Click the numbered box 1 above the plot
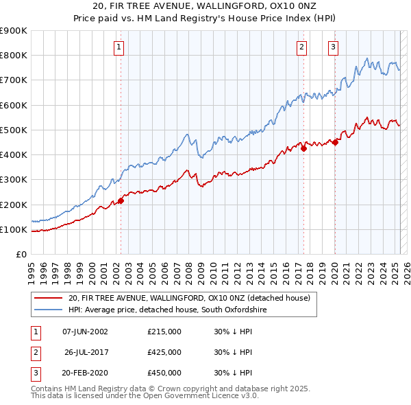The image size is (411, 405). click(x=119, y=47)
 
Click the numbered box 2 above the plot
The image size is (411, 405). click(x=301, y=47)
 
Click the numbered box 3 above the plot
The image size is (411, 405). click(x=333, y=47)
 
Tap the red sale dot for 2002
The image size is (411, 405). click(x=121, y=201)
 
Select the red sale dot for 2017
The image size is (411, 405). click(x=303, y=148)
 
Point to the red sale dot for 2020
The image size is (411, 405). click(x=335, y=142)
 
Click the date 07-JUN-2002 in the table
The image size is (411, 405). click(x=85, y=331)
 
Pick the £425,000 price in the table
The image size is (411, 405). click(x=164, y=352)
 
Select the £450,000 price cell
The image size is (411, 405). click(x=164, y=373)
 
